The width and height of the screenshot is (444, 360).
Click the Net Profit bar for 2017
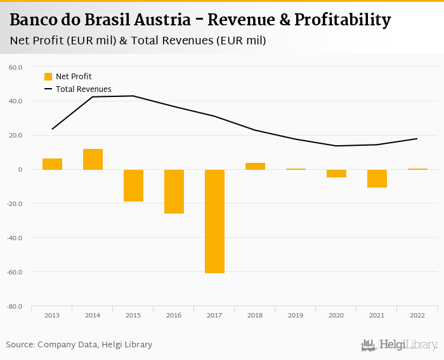214,221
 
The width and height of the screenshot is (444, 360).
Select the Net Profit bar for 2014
93,159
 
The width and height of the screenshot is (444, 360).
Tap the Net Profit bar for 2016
174,191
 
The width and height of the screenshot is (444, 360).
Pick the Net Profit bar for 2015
133,185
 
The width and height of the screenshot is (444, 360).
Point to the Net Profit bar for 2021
377,178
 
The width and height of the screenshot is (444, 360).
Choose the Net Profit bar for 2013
52,164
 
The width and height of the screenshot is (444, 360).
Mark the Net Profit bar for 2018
255,166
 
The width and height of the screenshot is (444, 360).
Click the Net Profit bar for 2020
336,173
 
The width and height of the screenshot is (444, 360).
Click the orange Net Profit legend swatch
48,77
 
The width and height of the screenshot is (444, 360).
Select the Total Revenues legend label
83,89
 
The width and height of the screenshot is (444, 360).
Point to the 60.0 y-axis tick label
16,67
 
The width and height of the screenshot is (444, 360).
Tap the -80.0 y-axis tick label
15,307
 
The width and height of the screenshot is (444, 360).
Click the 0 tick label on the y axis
20,169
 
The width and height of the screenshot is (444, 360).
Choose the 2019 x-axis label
296,314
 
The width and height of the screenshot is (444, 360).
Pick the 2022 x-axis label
417,314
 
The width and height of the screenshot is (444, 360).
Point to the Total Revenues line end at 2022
417,138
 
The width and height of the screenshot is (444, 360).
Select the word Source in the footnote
20,345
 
